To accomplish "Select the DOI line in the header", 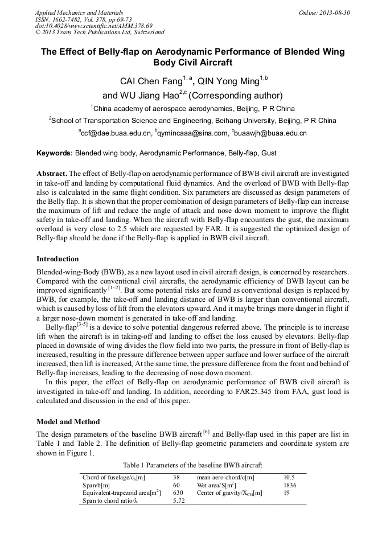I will [x=94, y=26].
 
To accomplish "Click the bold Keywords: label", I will [x=55, y=153].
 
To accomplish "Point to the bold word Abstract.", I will [x=51, y=173].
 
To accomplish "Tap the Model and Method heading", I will [x=68, y=422].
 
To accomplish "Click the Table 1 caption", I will [x=193, y=465].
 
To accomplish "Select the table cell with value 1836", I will [x=290, y=485].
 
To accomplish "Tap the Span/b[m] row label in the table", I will [x=96, y=485].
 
